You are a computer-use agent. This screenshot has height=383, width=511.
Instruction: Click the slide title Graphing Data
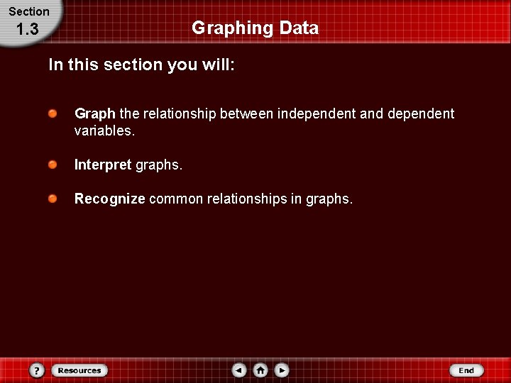(x=255, y=28)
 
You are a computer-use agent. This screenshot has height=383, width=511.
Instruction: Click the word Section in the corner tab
(x=29, y=11)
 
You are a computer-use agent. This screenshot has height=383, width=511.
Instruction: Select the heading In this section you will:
(x=141, y=65)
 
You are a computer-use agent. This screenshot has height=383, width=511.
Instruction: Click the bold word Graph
(x=94, y=113)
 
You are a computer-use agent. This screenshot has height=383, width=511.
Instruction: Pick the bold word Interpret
(x=103, y=165)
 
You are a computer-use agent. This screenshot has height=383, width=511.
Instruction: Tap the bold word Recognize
(x=110, y=199)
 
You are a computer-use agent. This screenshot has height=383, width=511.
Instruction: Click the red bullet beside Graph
(x=53, y=113)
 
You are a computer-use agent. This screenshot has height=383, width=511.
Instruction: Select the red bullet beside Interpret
(x=53, y=165)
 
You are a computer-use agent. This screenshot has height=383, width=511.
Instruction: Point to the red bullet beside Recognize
(x=53, y=199)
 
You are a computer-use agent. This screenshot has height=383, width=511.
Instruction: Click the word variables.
(x=104, y=131)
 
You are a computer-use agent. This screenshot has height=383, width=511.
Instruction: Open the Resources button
(x=79, y=370)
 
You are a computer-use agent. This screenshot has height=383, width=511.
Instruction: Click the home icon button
(x=260, y=370)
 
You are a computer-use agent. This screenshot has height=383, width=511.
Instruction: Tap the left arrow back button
(x=239, y=370)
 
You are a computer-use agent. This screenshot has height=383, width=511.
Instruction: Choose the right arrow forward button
(x=282, y=370)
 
